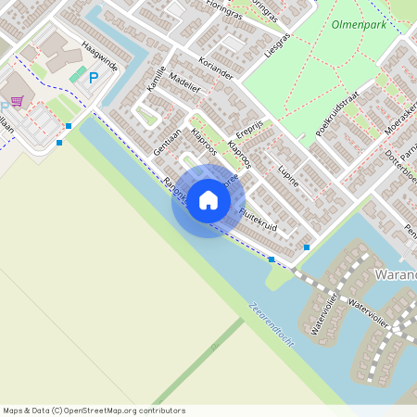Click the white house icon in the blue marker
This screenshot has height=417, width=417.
pyautogui.click(x=208, y=200)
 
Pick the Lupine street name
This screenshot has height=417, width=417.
pyautogui.click(x=288, y=177)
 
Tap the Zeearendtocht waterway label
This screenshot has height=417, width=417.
pyautogui.click(x=272, y=323)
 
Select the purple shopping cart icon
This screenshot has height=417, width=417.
pyautogui.click(x=16, y=102)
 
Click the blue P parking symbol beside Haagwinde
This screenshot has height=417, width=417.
pyautogui.click(x=93, y=78)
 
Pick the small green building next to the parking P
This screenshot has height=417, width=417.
pyautogui.click(x=79, y=73)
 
